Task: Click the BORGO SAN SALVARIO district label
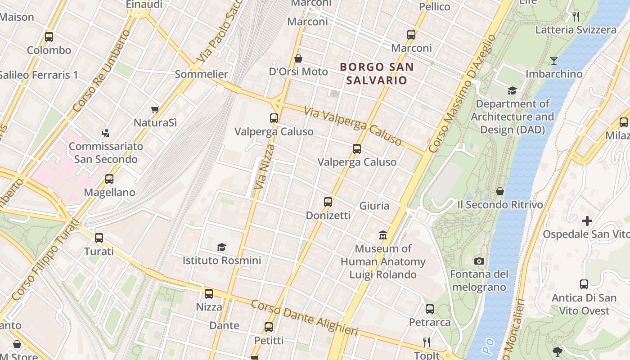(x=377, y=74)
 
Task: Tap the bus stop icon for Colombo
(x=49, y=37)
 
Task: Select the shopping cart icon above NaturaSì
(x=155, y=109)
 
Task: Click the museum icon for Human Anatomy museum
(x=383, y=235)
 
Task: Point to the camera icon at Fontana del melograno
(x=479, y=261)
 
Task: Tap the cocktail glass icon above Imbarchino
(x=554, y=61)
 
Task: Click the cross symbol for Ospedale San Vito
(x=587, y=221)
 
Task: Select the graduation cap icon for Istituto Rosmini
(x=221, y=247)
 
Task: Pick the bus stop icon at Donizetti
(x=328, y=202)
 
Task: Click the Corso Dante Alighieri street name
(x=305, y=318)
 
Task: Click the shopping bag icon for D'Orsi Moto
(x=298, y=58)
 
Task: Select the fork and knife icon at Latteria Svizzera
(x=576, y=17)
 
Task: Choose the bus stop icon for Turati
(x=99, y=238)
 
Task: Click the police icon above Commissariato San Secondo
(x=106, y=133)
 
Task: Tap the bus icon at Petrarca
(x=430, y=309)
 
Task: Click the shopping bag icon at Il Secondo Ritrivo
(x=500, y=192)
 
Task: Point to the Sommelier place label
(x=201, y=74)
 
